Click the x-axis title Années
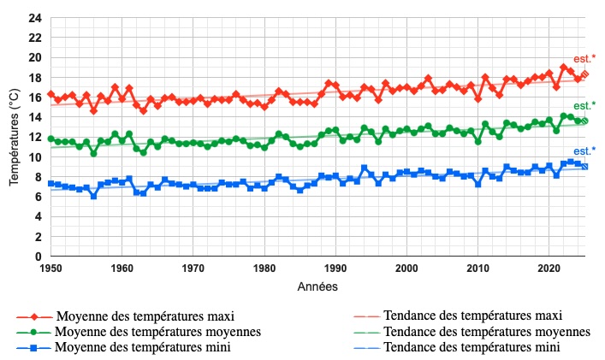(318, 286)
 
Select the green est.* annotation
(584, 106)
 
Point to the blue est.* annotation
(584, 150)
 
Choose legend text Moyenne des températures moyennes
(157, 331)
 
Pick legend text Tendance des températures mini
(472, 347)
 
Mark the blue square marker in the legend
(33, 348)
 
